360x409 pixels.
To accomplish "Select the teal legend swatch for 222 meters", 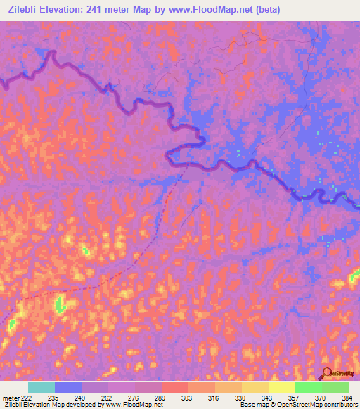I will click(41, 387).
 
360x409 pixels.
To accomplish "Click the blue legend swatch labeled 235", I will click(68, 387).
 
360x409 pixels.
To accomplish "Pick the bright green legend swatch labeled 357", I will click(308, 387).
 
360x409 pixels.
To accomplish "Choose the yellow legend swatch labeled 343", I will click(281, 387).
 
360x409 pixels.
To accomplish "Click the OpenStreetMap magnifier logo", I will click(327, 374).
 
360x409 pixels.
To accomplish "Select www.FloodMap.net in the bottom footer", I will click(137, 405).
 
